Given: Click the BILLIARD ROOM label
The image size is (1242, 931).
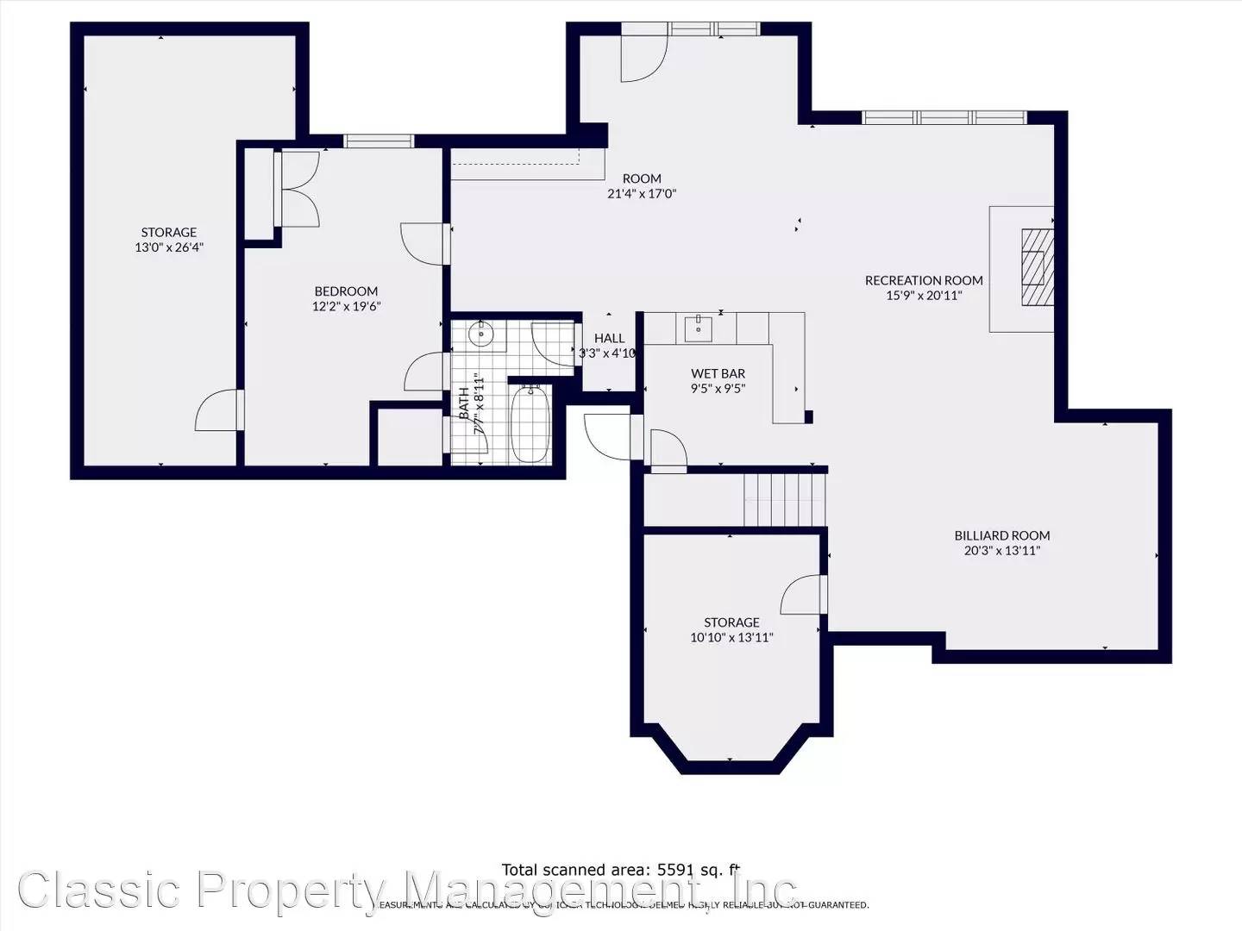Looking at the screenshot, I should (1001, 535).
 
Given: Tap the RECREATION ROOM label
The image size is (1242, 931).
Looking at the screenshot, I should (924, 280).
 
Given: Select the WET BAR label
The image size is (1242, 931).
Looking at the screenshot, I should (718, 373).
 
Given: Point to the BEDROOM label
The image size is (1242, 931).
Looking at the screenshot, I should (346, 291).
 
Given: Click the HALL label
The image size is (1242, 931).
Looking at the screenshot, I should (609, 338).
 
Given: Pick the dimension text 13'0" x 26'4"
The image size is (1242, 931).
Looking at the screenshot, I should (169, 247).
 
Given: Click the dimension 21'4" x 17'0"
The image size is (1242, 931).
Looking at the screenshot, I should (642, 194).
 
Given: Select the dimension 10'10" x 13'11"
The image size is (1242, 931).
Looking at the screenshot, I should (731, 638).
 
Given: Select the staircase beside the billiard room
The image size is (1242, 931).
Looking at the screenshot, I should (785, 500).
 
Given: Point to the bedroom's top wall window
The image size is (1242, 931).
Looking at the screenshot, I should (379, 141).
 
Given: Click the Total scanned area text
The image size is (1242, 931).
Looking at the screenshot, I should (620, 870).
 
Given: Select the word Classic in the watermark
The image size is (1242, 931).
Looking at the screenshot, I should (100, 890).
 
